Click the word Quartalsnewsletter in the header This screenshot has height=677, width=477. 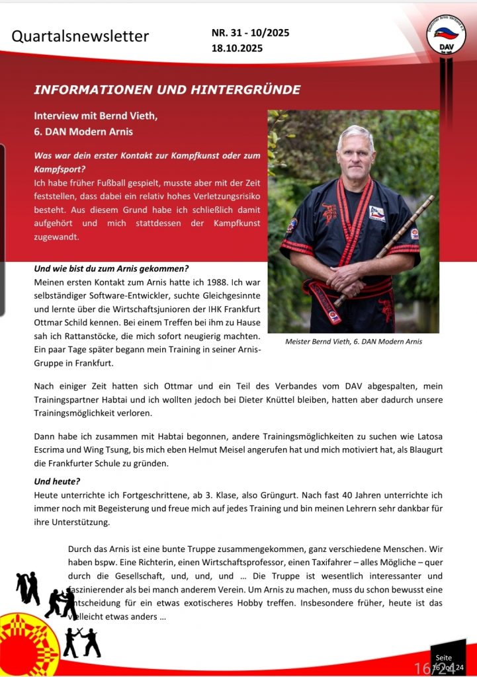pos(80,36)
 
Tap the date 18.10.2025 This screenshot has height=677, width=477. pos(237,48)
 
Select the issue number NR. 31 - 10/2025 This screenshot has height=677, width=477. pos(250,32)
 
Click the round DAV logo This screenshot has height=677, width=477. pos(446,36)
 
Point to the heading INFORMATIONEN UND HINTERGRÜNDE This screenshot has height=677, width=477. pos(167,90)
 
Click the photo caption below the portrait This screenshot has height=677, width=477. pos(353,342)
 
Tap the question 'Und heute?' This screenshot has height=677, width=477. pos(56,481)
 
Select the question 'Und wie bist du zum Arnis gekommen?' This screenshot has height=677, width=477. pos(111,268)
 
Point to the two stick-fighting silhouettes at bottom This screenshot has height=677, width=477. pos(82,642)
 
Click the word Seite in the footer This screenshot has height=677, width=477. pos(444,658)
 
